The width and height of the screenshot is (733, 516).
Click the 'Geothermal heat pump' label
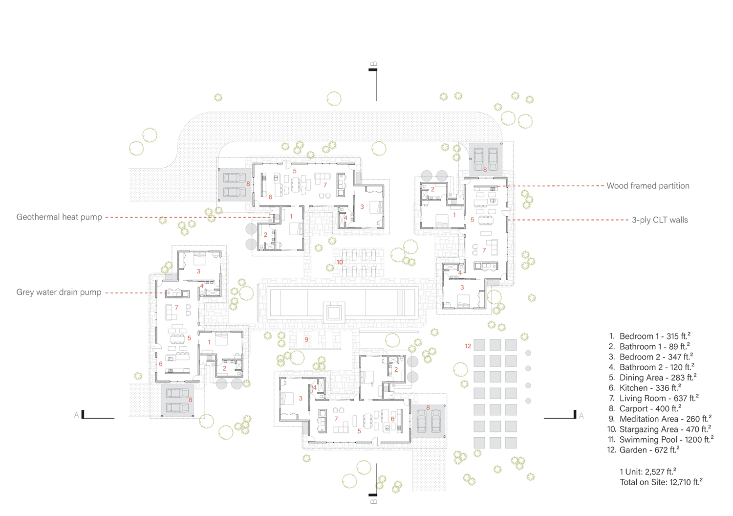(59, 217)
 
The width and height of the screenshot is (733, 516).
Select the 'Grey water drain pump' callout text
(59, 292)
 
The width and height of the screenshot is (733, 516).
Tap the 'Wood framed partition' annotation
(648, 186)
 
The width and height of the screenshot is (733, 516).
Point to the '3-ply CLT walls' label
(660, 220)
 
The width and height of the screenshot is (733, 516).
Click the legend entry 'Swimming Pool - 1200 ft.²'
(660, 439)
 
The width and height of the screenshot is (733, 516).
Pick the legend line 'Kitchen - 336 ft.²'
(645, 388)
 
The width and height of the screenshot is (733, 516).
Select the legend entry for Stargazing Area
(659, 429)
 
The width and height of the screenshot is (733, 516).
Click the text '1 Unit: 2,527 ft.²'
(648, 472)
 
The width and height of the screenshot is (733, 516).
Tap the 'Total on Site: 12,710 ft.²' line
(661, 482)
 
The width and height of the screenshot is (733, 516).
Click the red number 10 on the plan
(340, 262)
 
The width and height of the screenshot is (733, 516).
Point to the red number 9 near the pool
(306, 339)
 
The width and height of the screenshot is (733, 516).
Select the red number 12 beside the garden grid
(468, 346)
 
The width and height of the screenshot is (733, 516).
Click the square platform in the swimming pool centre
(333, 313)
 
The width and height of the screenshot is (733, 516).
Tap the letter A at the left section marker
(76, 415)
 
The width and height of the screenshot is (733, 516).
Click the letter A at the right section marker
(581, 416)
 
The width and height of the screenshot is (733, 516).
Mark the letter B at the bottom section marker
(374, 502)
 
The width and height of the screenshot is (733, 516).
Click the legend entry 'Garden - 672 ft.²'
(644, 450)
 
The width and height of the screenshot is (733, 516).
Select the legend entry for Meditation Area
(659, 419)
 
